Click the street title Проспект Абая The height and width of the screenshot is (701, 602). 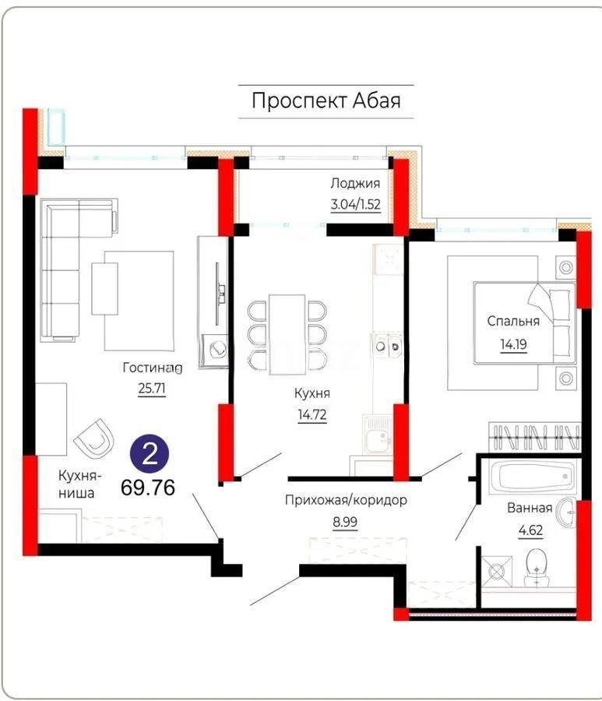point(326,101)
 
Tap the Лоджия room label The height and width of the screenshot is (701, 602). point(354,184)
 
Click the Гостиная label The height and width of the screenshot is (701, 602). point(153,366)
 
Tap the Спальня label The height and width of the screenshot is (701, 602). point(513,320)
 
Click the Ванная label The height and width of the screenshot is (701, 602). point(530,509)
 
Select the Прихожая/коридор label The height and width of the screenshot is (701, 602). point(346,500)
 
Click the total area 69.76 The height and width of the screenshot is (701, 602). point(148,488)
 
